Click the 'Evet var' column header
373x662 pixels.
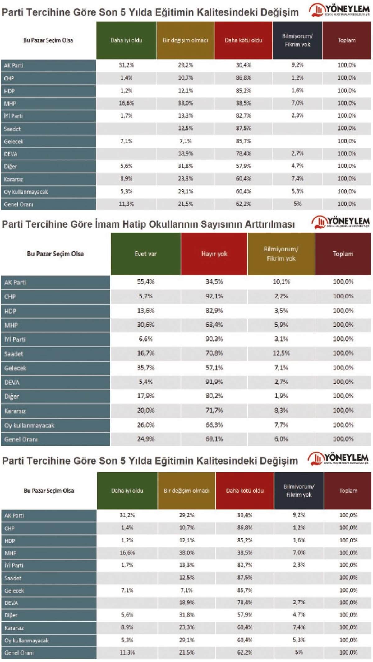tap(145, 254)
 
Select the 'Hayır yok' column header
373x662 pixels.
tap(214, 254)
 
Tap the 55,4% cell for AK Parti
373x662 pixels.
tap(145, 282)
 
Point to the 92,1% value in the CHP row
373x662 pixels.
tap(214, 296)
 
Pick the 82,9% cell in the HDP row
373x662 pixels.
tap(214, 311)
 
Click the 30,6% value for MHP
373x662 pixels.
tap(145, 325)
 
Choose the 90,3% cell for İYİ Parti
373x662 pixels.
tap(214, 339)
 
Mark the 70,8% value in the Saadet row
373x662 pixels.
tap(214, 353)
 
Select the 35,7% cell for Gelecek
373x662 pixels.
tap(145, 368)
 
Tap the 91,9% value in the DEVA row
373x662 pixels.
tap(214, 382)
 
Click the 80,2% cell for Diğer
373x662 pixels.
tap(214, 396)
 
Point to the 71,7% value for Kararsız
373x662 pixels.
tap(214, 410)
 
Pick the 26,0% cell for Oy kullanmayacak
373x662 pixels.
tap(145, 425)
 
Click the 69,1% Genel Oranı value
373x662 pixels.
tap(214, 439)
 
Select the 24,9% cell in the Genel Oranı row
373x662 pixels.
tap(145, 439)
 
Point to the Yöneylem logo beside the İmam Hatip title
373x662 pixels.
tap(341, 222)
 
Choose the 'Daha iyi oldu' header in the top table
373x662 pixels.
tap(126, 40)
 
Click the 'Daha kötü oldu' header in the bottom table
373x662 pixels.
tap(245, 491)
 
